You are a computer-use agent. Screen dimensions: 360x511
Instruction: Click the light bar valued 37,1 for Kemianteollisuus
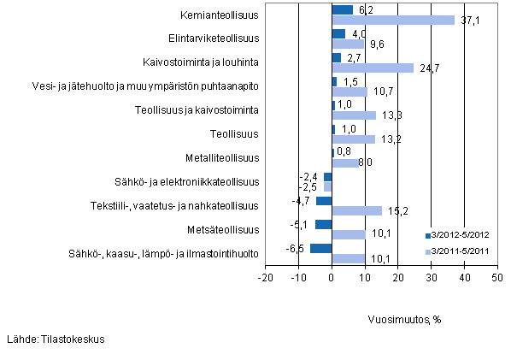393,20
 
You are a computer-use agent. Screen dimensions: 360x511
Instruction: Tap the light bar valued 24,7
373,68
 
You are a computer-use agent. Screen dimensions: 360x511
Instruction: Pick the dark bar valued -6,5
320,249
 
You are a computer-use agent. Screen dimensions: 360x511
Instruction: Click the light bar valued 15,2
357,210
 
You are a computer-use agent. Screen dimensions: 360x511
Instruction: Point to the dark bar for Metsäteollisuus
323,225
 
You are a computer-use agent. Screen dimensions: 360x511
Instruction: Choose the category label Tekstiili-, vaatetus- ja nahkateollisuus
175,206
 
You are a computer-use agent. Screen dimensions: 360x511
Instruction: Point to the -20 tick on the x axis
265,278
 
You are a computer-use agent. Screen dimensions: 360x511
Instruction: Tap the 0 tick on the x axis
332,278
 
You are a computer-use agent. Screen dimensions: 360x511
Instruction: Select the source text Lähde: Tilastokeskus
55,339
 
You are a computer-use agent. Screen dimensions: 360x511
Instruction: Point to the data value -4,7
301,201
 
